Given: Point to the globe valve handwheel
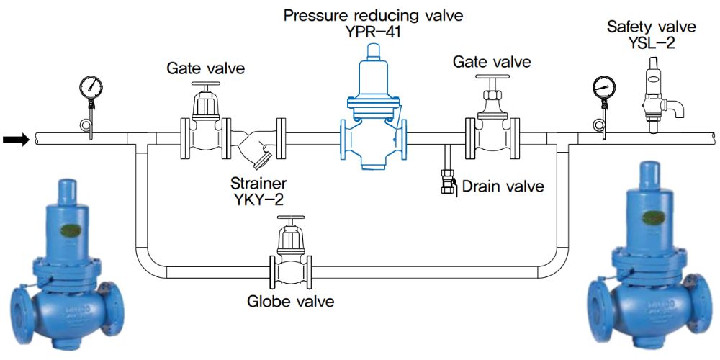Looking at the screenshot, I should (x=291, y=220).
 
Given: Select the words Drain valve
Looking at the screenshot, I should (x=503, y=186).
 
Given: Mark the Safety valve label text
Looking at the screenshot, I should (x=652, y=27).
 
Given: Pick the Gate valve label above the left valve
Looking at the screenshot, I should (x=206, y=69).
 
